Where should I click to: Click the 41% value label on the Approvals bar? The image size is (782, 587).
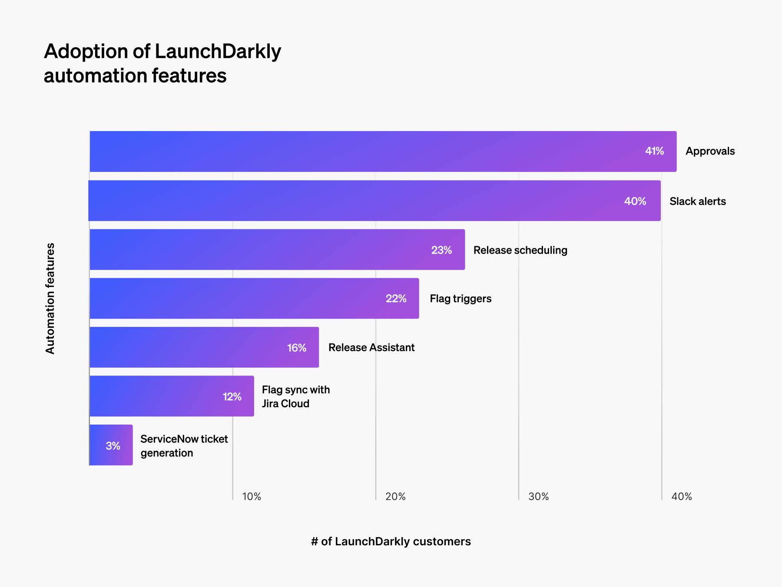pyautogui.click(x=654, y=151)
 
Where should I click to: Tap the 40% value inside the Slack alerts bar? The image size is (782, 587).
pyautogui.click(x=635, y=201)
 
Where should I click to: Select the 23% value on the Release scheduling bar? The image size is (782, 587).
pyautogui.click(x=441, y=250)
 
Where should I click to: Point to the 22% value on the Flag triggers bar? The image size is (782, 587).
pyautogui.click(x=396, y=299)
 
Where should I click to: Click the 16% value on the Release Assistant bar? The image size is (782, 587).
pyautogui.click(x=297, y=348)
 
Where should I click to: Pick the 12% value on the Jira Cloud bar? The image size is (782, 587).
pyautogui.click(x=232, y=397)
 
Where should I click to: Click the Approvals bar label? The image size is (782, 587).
pyautogui.click(x=710, y=151)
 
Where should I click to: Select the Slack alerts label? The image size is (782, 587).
pyautogui.click(x=697, y=201)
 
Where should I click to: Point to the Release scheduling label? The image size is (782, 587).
pyautogui.click(x=520, y=250)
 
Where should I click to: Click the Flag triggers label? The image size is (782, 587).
pyautogui.click(x=461, y=299)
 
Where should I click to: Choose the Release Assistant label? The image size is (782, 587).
pyautogui.click(x=371, y=347)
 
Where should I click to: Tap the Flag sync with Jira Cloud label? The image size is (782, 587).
pyautogui.click(x=295, y=396)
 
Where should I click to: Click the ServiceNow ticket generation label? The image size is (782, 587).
pyautogui.click(x=184, y=446)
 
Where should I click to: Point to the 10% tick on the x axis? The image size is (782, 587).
pyautogui.click(x=252, y=497)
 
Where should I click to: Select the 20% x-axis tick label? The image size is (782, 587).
pyautogui.click(x=395, y=497)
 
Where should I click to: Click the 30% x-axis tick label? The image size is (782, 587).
pyautogui.click(x=538, y=497)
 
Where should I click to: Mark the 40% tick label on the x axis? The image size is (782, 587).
pyautogui.click(x=681, y=497)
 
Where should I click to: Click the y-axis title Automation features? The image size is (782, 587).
pyautogui.click(x=50, y=298)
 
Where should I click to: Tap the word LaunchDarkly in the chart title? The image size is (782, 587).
pyautogui.click(x=218, y=51)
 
